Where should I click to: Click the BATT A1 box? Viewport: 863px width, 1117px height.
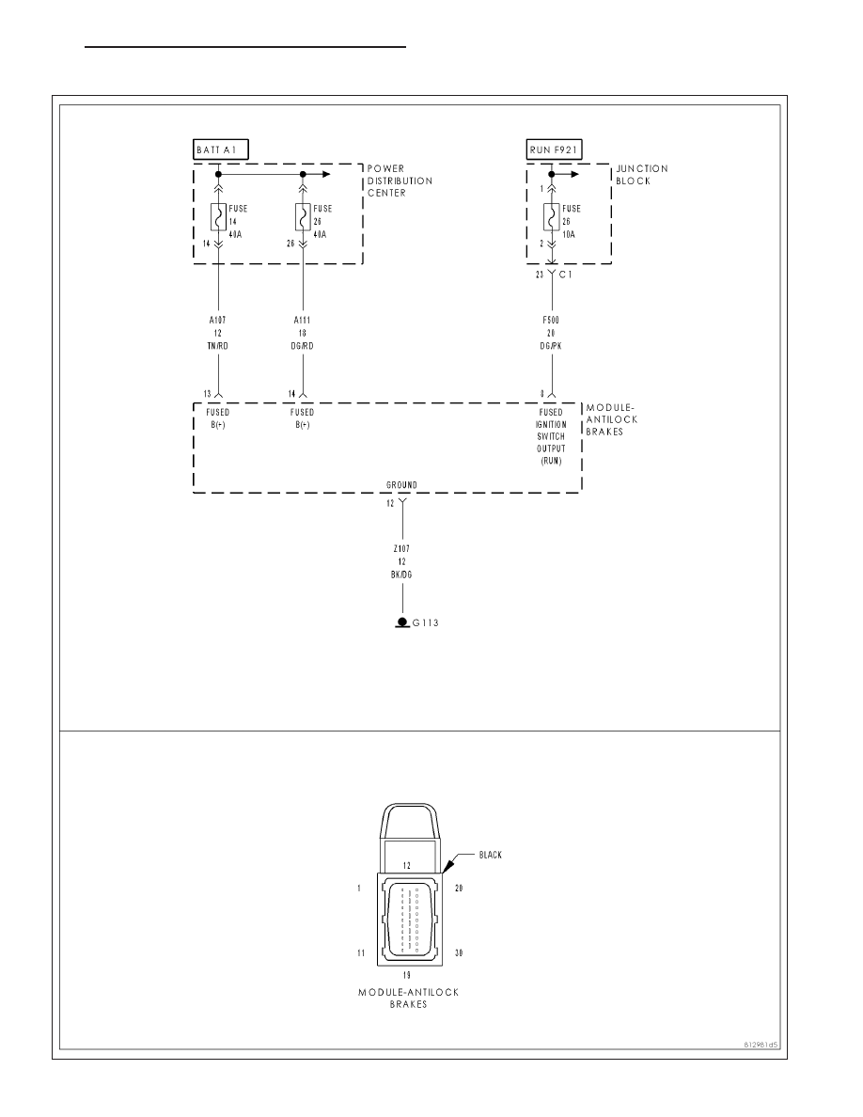(221, 149)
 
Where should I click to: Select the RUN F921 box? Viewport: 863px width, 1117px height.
(554, 149)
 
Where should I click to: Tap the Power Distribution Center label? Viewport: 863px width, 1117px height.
(400, 181)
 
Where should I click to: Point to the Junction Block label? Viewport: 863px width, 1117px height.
(641, 175)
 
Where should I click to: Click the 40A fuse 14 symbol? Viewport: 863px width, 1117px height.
(218, 216)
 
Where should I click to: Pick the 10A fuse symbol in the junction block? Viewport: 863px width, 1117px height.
(551, 216)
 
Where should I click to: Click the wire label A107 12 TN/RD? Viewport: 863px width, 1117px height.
(218, 334)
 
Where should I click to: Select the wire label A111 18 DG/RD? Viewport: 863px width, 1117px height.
(303, 334)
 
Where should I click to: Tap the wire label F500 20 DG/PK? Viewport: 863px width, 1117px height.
(551, 334)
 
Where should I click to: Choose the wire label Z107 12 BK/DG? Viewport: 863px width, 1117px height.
(402, 561)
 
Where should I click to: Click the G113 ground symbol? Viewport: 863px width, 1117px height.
(402, 622)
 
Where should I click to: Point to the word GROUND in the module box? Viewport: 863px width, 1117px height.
(401, 485)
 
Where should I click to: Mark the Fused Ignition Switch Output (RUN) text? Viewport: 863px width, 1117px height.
(551, 436)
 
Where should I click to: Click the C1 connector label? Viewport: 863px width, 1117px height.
(565, 275)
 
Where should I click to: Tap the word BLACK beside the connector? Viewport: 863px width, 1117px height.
(491, 855)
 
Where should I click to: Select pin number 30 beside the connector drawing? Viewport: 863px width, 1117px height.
(459, 953)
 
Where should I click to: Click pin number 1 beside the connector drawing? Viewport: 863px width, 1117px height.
(359, 889)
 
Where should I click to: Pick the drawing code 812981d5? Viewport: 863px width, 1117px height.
(761, 1046)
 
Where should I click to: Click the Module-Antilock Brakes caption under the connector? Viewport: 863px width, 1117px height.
(409, 998)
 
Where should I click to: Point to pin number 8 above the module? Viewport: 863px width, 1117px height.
(542, 394)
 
